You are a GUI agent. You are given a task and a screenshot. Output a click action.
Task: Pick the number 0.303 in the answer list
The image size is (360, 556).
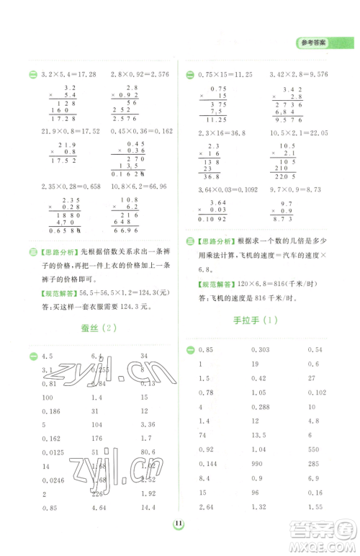click(x=261, y=351)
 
